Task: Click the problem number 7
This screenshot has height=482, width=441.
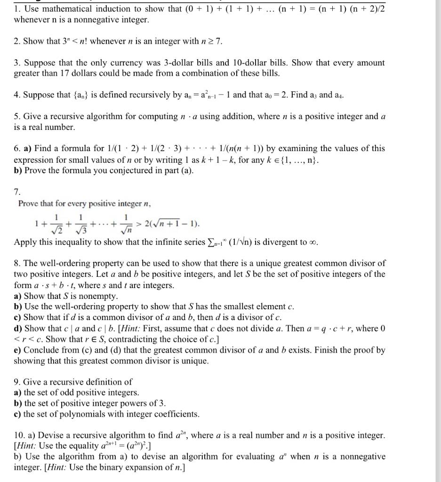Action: (17, 192)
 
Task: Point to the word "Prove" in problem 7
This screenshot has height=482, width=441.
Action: (28, 203)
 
